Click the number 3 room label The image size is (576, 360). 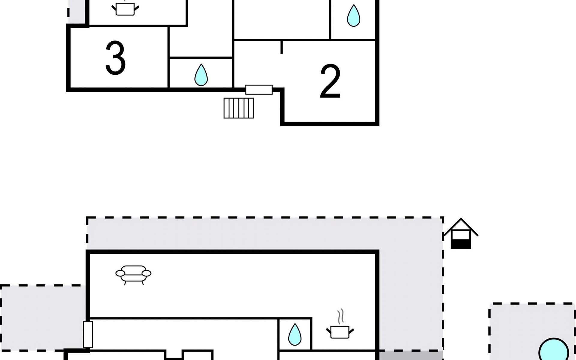point(115,58)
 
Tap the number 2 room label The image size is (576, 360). point(330,81)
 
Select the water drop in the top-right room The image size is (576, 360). point(353,16)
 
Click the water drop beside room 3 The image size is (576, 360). point(201,75)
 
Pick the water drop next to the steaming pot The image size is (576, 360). point(295,334)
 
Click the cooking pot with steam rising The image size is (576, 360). point(340,328)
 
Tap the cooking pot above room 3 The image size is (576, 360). point(125,8)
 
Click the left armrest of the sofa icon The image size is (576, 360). point(120,273)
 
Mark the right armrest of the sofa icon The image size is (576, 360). point(146,273)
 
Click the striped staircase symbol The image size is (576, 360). point(239,108)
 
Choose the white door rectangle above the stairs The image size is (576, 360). point(259,90)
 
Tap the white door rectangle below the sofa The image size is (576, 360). point(88,334)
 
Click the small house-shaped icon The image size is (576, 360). point(461,233)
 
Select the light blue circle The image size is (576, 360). point(554,349)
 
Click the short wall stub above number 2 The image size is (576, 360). point(281,47)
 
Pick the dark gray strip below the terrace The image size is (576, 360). point(411,355)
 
